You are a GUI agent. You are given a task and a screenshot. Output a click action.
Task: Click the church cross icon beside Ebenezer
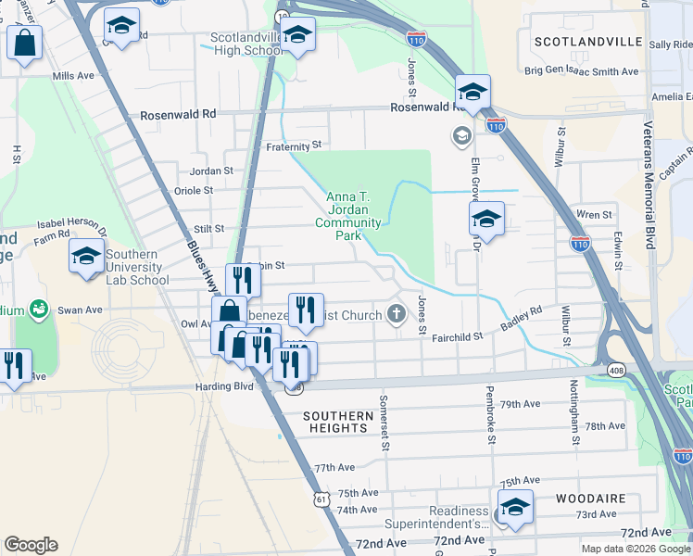click(397, 313)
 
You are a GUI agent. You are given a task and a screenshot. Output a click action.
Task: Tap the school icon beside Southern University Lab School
click(86, 257)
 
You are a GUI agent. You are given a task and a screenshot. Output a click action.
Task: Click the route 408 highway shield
click(616, 370)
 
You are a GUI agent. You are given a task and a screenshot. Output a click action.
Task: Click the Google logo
click(31, 546)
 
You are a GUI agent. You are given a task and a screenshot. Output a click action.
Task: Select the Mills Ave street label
click(74, 76)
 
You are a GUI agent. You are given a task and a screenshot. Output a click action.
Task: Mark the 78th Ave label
click(605, 425)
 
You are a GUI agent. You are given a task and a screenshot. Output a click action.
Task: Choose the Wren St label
click(594, 215)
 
